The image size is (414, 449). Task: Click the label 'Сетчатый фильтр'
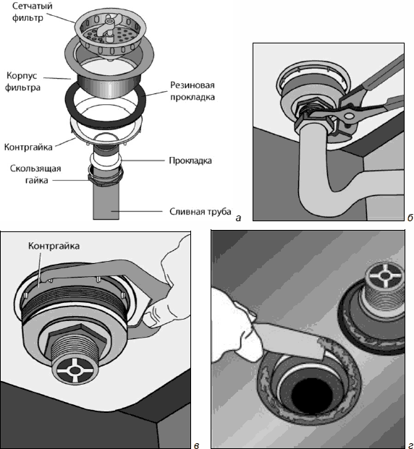tap(32, 12)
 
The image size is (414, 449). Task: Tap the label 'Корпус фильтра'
tap(22, 81)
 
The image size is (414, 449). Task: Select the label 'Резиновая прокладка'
tap(193, 91)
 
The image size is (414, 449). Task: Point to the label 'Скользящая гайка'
tap(35, 174)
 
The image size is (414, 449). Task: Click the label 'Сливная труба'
tap(200, 212)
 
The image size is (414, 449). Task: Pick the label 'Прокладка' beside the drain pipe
tap(190, 161)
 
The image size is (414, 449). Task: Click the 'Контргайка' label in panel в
tap(54, 246)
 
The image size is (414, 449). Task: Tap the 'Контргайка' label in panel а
tap(28, 147)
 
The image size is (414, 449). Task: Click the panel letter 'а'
tap(238, 218)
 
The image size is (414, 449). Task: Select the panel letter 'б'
tap(410, 218)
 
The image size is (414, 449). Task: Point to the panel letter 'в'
tap(196, 445)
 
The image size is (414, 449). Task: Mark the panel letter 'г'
tap(410, 445)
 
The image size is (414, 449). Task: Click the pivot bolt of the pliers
tap(349, 116)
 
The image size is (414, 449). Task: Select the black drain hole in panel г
tap(312, 394)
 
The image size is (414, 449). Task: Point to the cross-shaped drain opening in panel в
tap(75, 370)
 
